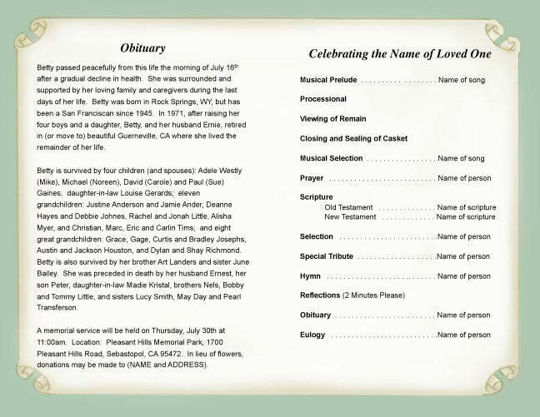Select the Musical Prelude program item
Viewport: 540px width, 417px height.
(x=328, y=81)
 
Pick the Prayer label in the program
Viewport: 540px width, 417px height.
(x=312, y=178)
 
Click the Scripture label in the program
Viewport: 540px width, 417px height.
(x=317, y=197)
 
